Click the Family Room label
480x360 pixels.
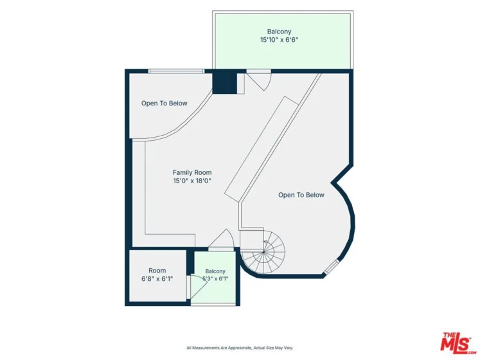coord(192,172)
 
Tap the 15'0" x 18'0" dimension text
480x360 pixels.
coord(192,181)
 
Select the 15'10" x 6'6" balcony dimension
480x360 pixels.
coord(279,39)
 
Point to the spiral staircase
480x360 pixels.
coord(263,252)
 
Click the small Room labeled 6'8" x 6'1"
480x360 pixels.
coord(157,275)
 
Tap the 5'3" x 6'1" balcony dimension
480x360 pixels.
coord(215,279)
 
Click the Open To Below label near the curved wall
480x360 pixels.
coord(301,195)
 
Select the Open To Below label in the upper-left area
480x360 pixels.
coord(164,104)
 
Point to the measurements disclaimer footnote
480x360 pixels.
coord(240,348)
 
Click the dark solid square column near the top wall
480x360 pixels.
coord(225,84)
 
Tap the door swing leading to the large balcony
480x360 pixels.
coord(259,80)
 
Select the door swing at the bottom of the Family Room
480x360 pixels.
coord(221,240)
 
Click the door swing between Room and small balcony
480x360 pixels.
coord(197,287)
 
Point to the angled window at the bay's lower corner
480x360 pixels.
coord(332,267)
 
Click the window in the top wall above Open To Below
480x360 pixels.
coord(176,71)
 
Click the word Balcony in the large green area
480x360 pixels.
coord(279,32)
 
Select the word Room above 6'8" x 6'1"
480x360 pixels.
coord(157,271)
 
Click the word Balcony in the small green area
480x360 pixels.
coord(215,271)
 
